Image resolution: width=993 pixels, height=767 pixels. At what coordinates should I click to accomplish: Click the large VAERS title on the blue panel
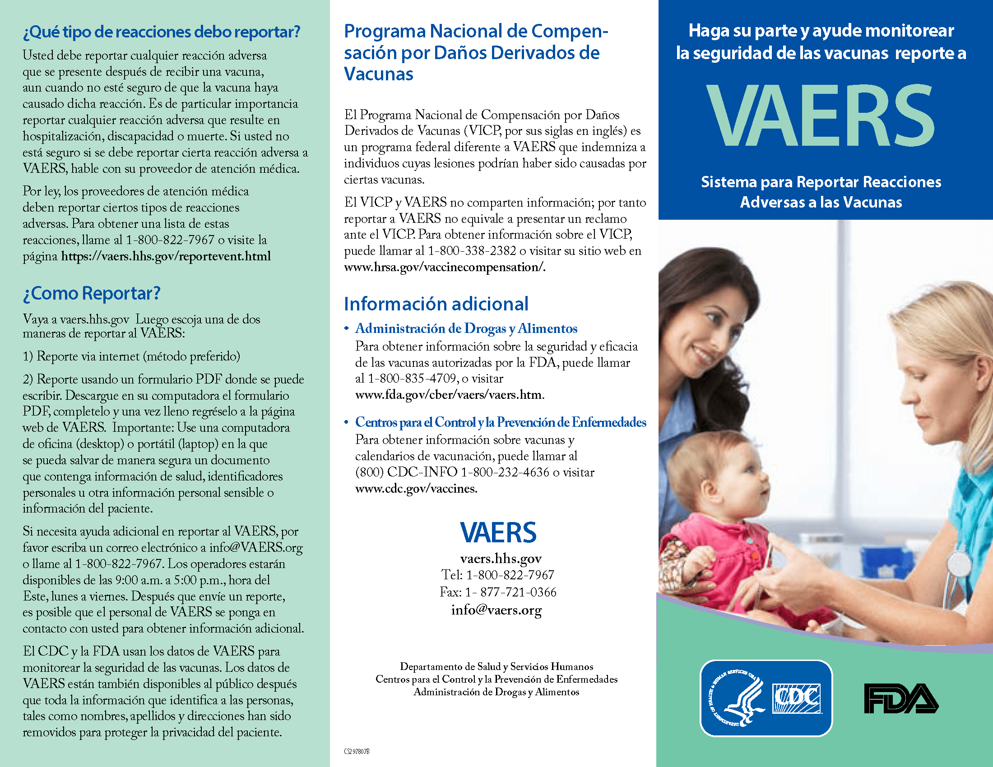click(x=821, y=116)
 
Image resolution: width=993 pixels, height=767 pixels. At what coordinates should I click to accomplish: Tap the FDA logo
click(x=901, y=698)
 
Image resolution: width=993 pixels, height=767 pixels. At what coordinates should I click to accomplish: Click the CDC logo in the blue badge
click(x=797, y=698)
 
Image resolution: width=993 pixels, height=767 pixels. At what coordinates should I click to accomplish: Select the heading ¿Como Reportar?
click(x=91, y=294)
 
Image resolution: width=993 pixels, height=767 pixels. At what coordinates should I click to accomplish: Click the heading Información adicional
click(x=436, y=304)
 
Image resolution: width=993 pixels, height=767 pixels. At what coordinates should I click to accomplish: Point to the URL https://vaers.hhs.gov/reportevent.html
click(x=166, y=256)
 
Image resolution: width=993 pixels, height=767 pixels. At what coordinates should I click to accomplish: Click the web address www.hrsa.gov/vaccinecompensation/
click(x=444, y=267)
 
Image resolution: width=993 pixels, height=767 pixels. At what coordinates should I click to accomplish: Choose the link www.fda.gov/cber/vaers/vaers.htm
click(x=449, y=394)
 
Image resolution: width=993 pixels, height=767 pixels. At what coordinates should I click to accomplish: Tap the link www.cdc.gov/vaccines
click(x=416, y=489)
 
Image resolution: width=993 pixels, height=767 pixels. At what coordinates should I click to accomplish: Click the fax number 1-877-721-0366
click(x=510, y=592)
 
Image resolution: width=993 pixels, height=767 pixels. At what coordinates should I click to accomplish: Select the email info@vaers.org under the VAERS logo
click(x=496, y=610)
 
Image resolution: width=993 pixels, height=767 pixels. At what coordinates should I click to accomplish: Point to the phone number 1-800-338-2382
click(x=472, y=251)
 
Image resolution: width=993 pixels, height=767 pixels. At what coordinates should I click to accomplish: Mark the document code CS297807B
click(x=357, y=752)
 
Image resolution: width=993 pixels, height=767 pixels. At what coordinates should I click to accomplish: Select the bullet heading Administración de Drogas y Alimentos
click(x=466, y=328)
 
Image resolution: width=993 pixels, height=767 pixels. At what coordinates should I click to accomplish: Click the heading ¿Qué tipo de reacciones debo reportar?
click(x=162, y=32)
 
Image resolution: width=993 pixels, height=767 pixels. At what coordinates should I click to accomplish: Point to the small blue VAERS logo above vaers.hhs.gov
click(x=498, y=532)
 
